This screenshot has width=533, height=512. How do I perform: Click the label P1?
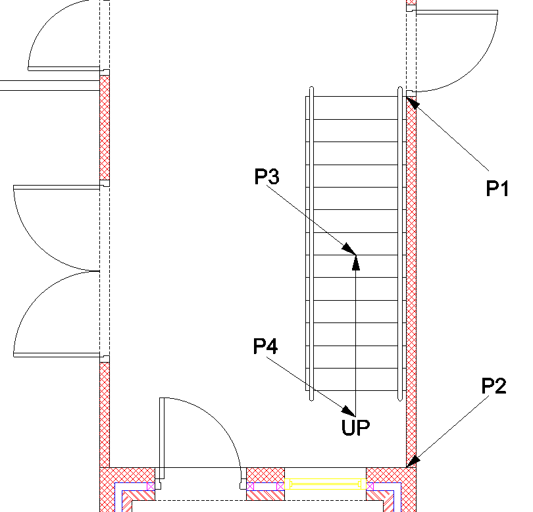(498, 190)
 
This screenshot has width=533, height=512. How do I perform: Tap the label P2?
(494, 386)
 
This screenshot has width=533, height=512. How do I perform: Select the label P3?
(267, 176)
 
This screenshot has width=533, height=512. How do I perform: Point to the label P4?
(266, 346)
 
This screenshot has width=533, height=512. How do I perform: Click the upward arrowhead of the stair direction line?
(356, 262)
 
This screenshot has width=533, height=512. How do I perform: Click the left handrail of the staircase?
(309, 243)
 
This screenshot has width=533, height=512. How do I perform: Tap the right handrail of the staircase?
(400, 243)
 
